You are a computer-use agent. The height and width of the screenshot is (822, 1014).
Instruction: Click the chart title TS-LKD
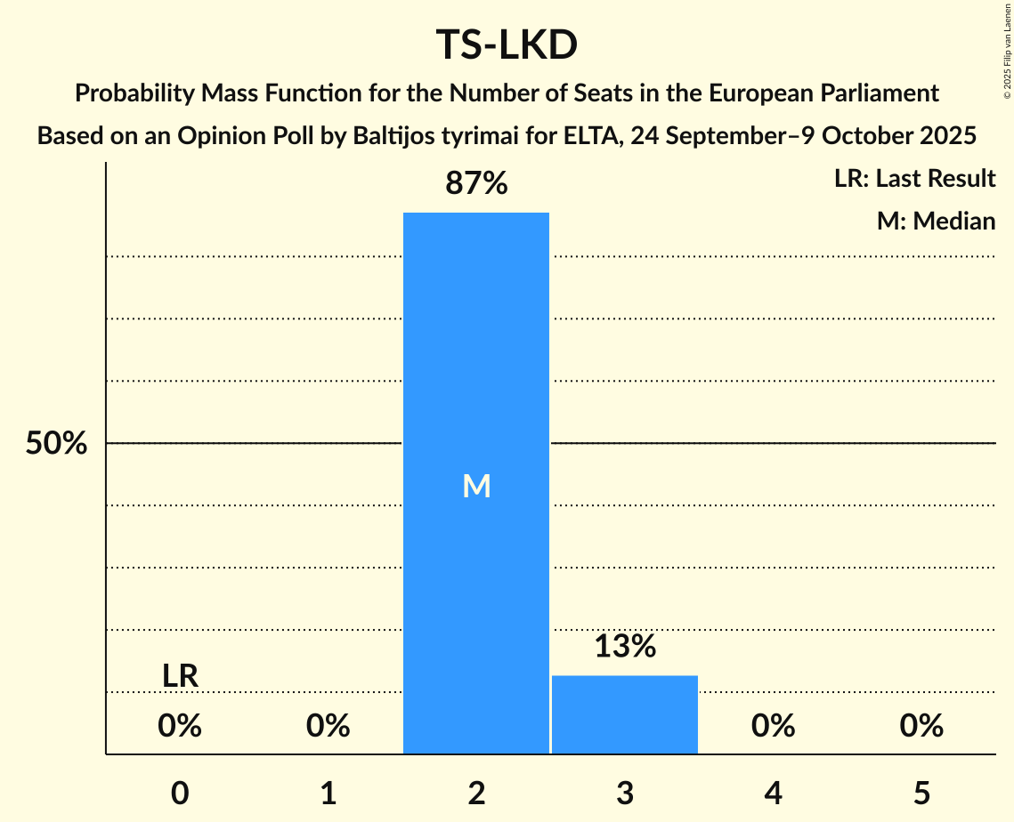click(507, 45)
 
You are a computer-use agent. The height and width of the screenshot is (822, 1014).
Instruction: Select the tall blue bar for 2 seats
click(476, 356)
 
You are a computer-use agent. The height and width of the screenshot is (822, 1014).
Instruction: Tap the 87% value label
click(476, 184)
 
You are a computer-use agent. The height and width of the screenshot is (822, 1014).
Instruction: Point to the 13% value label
click(624, 647)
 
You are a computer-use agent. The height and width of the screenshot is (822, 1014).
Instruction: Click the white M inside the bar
click(476, 486)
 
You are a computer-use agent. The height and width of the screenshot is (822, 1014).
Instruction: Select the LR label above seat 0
click(180, 676)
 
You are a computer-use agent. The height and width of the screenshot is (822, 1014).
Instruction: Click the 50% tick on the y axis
click(56, 444)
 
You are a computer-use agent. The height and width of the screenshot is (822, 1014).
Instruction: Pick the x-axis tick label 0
click(180, 793)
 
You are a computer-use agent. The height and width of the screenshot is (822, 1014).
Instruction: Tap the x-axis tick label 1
click(329, 793)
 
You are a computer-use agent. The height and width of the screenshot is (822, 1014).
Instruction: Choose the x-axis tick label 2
click(476, 793)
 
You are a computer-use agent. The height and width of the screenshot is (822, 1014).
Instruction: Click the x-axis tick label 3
click(624, 793)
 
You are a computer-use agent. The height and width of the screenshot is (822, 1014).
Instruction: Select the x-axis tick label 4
click(773, 793)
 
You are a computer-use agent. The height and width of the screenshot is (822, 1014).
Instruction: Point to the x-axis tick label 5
click(921, 793)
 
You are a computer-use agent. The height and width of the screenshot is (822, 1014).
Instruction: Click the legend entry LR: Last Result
click(914, 179)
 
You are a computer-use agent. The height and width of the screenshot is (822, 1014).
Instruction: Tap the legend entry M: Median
click(936, 221)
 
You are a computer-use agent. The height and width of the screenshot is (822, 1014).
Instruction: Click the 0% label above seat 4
click(773, 727)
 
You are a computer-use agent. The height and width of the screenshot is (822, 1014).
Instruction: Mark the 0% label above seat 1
click(329, 727)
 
